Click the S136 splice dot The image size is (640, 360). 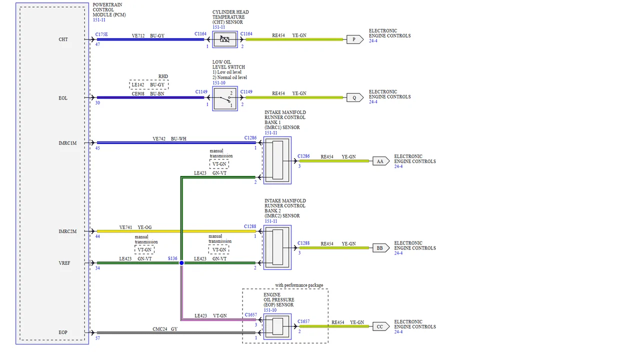pyautogui.click(x=181, y=263)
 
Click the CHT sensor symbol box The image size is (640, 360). pyautogui.click(x=225, y=39)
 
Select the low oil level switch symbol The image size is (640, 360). pyautogui.click(x=225, y=98)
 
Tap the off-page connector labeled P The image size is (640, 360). pyautogui.click(x=355, y=39)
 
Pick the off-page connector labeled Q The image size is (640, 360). pyautogui.click(x=355, y=97)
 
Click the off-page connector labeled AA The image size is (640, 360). pyautogui.click(x=381, y=161)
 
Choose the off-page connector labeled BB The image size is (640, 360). pyautogui.click(x=381, y=248)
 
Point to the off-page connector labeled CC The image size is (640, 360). pyautogui.click(x=381, y=326)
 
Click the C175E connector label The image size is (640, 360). pyautogui.click(x=101, y=34)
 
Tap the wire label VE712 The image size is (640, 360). pyautogui.click(x=138, y=35)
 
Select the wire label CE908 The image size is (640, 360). pyautogui.click(x=138, y=93)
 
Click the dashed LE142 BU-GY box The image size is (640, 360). pyautogui.click(x=148, y=85)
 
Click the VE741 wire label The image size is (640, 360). pyautogui.click(x=125, y=227)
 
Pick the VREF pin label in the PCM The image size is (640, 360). pyautogui.click(x=64, y=263)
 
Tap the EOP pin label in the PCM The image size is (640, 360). pyautogui.click(x=63, y=332)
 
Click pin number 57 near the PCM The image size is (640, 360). pyautogui.click(x=97, y=338)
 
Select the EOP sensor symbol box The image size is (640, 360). pyautogui.click(x=277, y=326)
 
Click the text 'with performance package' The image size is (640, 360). pyautogui.click(x=299, y=285)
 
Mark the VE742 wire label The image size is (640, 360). pyautogui.click(x=159, y=139)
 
